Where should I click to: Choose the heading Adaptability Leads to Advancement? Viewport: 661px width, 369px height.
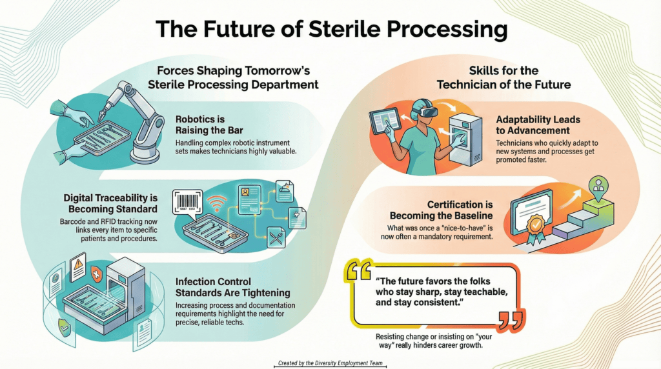pyautogui.click(x=538, y=125)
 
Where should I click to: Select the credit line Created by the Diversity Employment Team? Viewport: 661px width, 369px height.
pyautogui.click(x=330, y=363)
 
